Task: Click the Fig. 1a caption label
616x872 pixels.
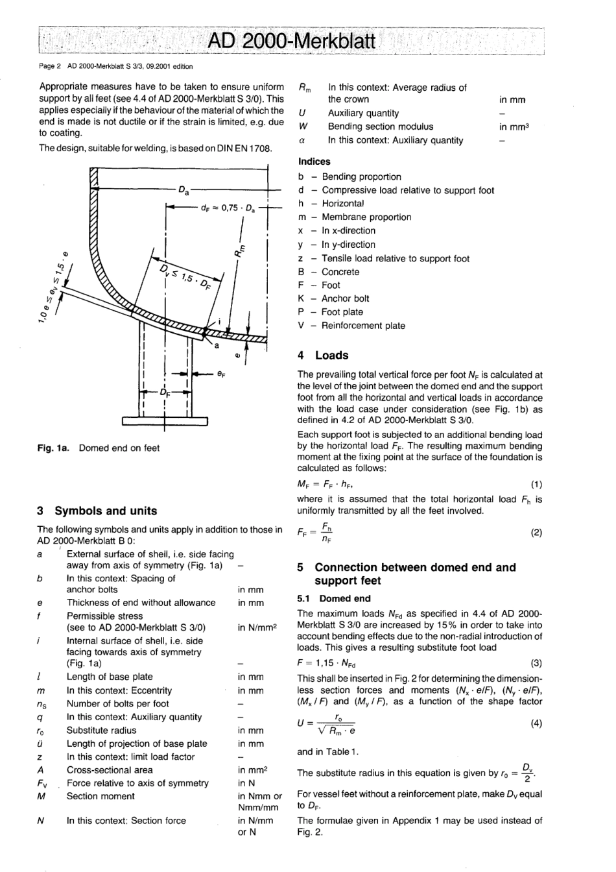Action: click(x=55, y=448)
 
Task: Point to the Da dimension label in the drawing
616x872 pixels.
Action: click(x=184, y=190)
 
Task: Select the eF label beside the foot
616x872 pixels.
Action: click(x=222, y=374)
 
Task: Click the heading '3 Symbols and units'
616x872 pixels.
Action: click(x=97, y=511)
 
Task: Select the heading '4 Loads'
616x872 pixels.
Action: click(x=323, y=355)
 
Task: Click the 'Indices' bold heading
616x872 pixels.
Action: click(x=314, y=162)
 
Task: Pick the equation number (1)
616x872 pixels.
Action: click(x=536, y=484)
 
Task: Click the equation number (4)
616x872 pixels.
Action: click(x=536, y=723)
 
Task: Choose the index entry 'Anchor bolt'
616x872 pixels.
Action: click(x=346, y=298)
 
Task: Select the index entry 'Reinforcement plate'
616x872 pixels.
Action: click(x=363, y=326)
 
